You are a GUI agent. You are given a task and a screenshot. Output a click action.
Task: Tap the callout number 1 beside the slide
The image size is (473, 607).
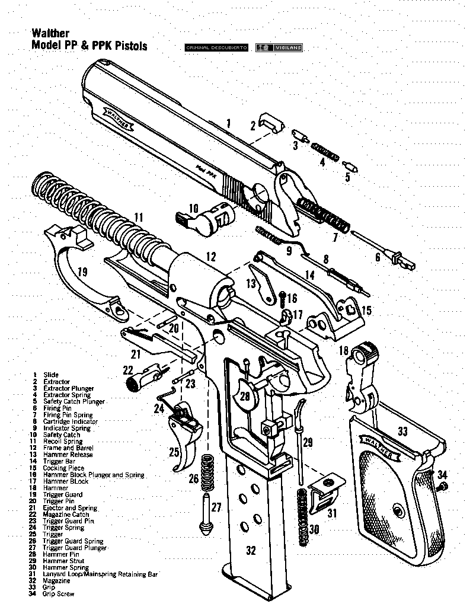(228, 123)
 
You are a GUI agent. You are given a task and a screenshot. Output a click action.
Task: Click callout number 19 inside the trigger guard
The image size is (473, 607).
(82, 272)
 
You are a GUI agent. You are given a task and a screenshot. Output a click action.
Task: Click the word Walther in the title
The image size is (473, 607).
(50, 34)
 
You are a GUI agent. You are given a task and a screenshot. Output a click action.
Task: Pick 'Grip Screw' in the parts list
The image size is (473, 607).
(58, 594)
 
